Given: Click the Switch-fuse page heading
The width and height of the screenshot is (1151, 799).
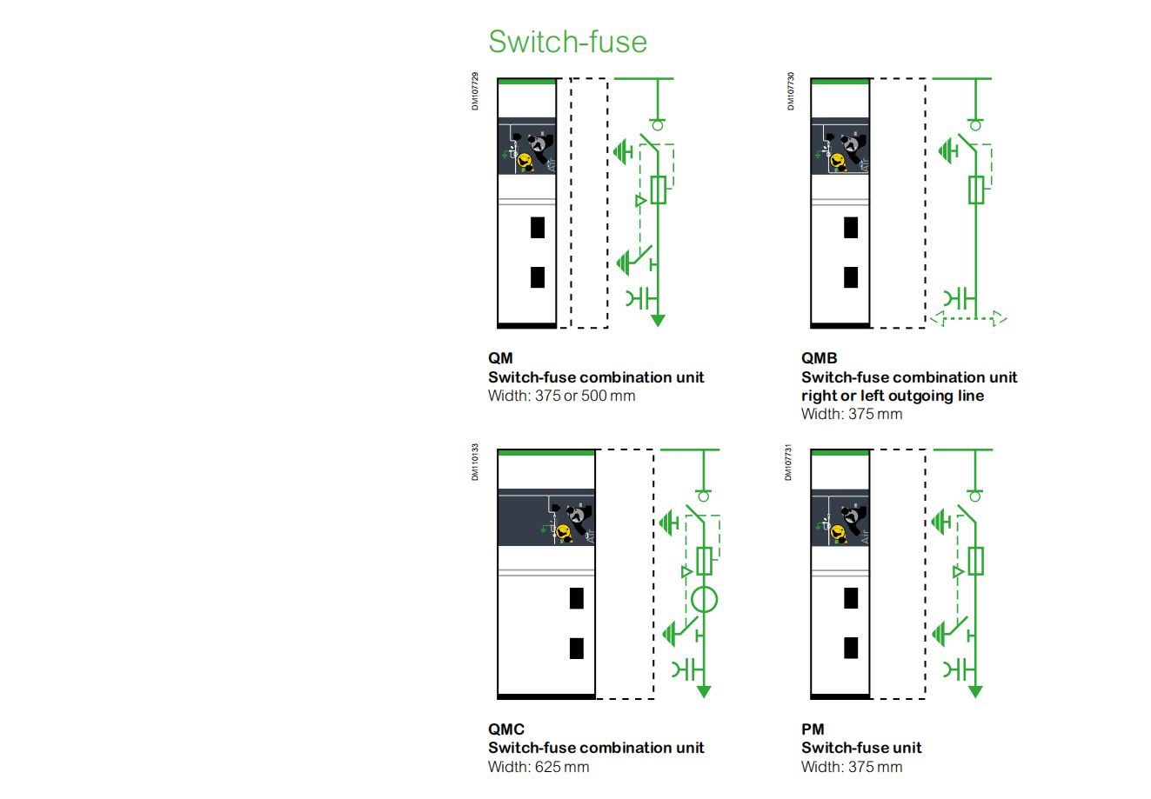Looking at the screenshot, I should [x=567, y=42].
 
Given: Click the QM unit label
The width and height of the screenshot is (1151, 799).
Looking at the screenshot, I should [x=500, y=358].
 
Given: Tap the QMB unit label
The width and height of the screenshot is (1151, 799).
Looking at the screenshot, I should [x=819, y=358].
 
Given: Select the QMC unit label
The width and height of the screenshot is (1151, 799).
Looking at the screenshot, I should [x=505, y=729].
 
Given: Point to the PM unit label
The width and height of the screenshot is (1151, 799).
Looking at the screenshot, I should [x=813, y=729].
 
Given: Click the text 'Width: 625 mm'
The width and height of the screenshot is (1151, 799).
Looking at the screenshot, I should [x=539, y=767].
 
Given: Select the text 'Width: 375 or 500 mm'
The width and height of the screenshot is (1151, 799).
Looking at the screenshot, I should [x=561, y=396].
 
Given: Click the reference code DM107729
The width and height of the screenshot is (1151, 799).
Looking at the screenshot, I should [x=475, y=91].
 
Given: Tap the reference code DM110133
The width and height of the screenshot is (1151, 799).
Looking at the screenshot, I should [x=475, y=462].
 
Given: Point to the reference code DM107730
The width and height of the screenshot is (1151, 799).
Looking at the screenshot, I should [x=790, y=91].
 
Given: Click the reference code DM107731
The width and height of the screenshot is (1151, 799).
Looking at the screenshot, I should [x=788, y=462].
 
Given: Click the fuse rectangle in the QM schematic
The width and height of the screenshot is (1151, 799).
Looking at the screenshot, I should [x=659, y=190].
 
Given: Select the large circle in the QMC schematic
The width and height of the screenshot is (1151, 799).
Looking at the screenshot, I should [x=704, y=599].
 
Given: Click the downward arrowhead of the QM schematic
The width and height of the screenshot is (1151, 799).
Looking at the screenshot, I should [x=658, y=320].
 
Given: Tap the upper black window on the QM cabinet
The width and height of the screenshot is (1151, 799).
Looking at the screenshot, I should [x=538, y=227].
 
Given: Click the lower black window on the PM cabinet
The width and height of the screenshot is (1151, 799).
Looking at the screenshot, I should [x=851, y=648].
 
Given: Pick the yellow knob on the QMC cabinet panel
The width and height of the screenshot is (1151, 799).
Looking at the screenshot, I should [x=563, y=532].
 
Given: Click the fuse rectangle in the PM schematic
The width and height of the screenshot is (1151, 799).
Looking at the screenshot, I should [x=976, y=561].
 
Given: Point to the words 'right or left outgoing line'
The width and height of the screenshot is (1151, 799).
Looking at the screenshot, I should [x=893, y=396].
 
